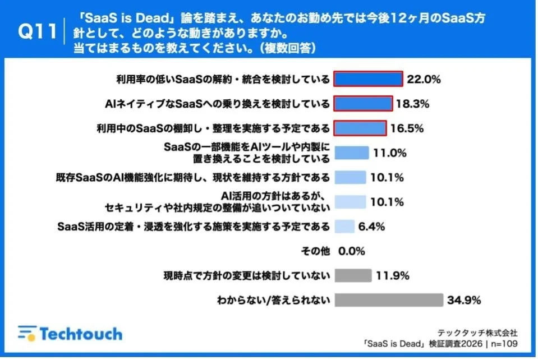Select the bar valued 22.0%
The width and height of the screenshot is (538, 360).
tap(369, 79)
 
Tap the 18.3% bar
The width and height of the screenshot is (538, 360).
tap(363, 104)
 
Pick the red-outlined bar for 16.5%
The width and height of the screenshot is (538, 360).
tap(360, 128)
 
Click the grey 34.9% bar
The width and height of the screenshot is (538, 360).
tap(389, 300)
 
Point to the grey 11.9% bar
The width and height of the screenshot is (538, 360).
tap(353, 275)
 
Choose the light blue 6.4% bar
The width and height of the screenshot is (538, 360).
tap(344, 227)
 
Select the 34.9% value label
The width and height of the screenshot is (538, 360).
tap(464, 300)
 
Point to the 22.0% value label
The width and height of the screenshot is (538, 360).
tap(424, 79)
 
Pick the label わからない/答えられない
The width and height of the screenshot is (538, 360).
tap(273, 300)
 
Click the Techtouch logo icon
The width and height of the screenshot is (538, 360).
tap(26, 334)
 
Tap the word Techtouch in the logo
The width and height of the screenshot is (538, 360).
tap(80, 334)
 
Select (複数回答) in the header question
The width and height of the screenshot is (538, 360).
tap(288, 49)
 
